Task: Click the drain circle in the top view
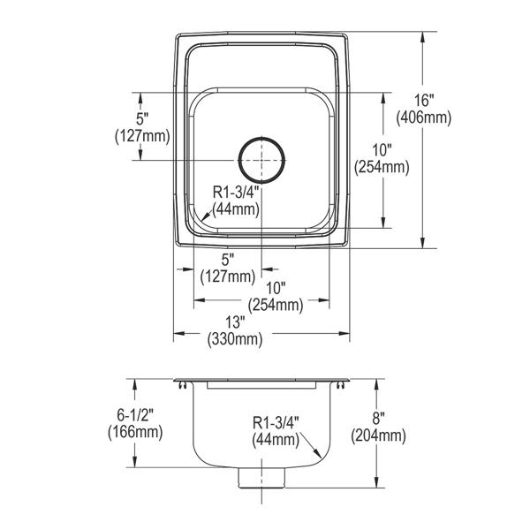point(261,138)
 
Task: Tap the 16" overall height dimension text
point(424,101)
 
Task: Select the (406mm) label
point(424,118)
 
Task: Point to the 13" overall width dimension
point(235,322)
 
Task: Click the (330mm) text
point(235,339)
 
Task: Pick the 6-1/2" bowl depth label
point(135,414)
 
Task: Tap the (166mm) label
point(135,432)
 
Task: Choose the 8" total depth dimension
point(379,419)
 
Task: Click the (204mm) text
point(379,436)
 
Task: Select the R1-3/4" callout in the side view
point(276,422)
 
